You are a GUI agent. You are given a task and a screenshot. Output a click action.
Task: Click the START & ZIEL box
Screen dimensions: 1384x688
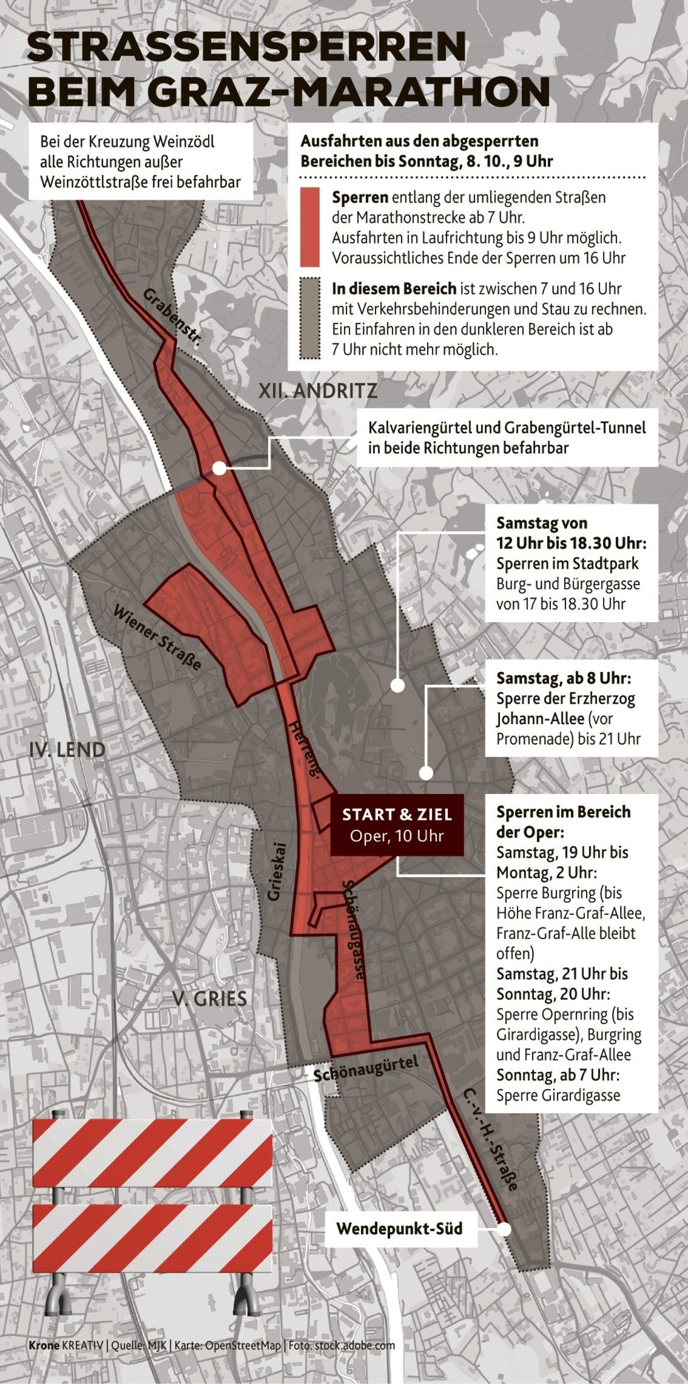pos(397,825)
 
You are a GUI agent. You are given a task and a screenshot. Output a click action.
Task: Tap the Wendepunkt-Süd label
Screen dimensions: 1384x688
pos(399,1229)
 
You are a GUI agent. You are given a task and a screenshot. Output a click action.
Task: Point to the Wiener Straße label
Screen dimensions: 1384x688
pos(157,637)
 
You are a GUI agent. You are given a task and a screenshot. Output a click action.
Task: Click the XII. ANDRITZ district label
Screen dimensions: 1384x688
pos(318,391)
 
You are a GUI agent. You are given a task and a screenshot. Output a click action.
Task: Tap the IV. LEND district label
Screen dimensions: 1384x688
pos(67,750)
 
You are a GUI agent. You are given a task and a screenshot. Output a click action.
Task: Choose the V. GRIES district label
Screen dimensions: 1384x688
pos(209,998)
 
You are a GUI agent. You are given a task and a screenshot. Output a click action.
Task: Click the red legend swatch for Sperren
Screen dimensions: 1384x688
pos(309,226)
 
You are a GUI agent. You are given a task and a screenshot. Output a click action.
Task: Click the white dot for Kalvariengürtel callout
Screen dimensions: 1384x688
pos(219,468)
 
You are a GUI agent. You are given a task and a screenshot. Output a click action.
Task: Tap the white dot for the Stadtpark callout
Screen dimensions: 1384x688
pos(397,686)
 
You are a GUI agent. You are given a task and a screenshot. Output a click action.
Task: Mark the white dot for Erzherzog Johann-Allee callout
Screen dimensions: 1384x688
pos(426,773)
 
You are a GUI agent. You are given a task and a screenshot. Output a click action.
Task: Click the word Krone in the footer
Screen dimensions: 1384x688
pos(43,1345)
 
